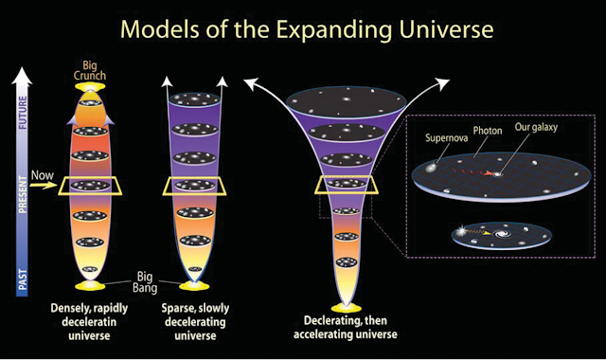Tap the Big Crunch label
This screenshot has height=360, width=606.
(x=90, y=70)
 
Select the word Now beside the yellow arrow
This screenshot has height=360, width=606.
(x=42, y=175)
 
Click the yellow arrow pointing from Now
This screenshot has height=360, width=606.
(x=44, y=186)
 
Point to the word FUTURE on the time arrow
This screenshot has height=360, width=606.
(x=23, y=113)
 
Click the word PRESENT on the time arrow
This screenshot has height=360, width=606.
(x=23, y=194)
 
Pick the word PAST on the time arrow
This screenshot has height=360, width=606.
(x=23, y=279)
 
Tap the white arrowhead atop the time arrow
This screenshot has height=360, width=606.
(x=22, y=76)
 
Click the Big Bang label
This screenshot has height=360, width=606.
(x=145, y=282)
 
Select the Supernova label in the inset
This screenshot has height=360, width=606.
(x=446, y=138)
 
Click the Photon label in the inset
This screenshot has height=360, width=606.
(x=488, y=131)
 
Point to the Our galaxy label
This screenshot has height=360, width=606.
(x=536, y=127)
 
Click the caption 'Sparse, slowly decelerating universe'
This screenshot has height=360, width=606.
(x=195, y=322)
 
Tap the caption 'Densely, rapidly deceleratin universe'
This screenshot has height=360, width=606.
(x=89, y=322)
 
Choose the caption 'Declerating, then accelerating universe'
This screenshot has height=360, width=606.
(x=345, y=327)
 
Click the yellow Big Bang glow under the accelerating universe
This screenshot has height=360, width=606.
(x=347, y=308)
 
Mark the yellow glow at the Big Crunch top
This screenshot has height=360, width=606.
(x=90, y=87)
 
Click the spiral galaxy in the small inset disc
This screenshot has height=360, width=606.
(x=502, y=234)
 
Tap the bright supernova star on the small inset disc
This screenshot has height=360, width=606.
(x=461, y=231)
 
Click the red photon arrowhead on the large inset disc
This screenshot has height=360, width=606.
(x=489, y=174)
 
